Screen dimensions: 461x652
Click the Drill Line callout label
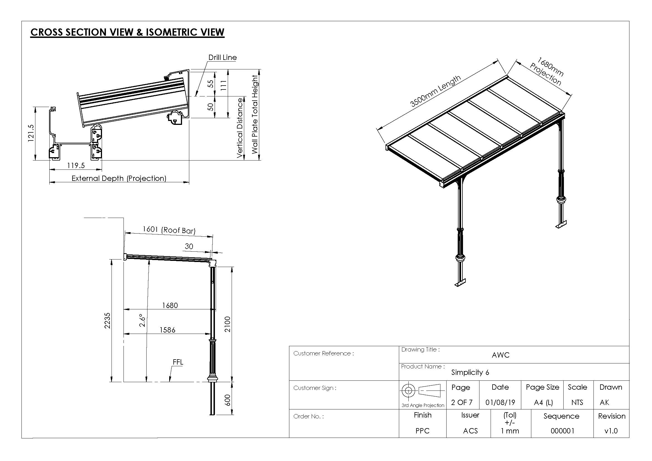click(222, 58)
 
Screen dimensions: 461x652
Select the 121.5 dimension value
click(31, 133)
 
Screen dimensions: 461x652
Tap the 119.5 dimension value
click(76, 166)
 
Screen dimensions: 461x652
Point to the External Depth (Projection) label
click(119, 178)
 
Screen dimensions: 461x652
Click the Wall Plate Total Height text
click(255, 114)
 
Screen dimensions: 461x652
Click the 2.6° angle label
click(142, 320)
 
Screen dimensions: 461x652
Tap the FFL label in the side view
click(178, 362)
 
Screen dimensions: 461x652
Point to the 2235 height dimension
click(107, 321)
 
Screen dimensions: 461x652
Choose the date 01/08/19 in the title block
click(500, 402)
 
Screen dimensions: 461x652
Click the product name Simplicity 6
click(470, 372)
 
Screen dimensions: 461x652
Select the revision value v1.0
click(611, 431)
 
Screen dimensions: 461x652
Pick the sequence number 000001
click(562, 431)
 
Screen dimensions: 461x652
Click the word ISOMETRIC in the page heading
click(172, 32)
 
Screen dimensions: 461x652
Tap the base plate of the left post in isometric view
click(460, 283)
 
